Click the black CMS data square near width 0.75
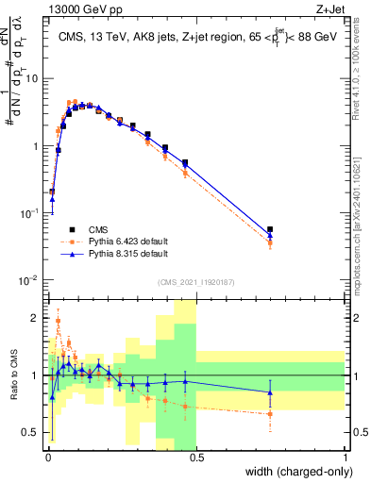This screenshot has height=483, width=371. pos(270,229)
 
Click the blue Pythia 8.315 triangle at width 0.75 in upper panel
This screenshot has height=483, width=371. pos(270,235)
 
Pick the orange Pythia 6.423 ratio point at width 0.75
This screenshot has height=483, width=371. pos(270,414)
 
